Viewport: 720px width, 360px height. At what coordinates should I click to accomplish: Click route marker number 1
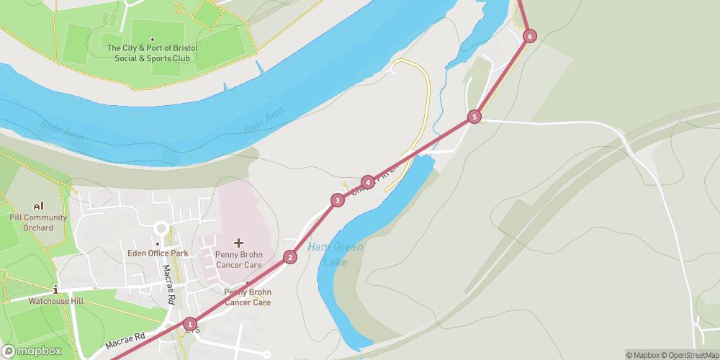[x=189, y=324]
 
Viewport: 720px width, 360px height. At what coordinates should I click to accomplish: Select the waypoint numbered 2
[x=290, y=257]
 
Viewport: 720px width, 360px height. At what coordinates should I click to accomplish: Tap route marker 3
[x=337, y=200]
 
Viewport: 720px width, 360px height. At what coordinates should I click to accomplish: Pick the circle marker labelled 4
[x=368, y=182]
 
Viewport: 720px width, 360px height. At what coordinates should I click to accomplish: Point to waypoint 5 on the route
[x=474, y=117]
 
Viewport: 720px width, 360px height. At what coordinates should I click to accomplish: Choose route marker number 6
[x=530, y=36]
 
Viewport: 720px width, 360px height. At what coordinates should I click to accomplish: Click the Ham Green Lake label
[x=336, y=254]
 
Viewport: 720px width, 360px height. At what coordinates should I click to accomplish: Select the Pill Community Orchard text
[x=38, y=222]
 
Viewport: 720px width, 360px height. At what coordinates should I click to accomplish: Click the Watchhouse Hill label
[x=56, y=301]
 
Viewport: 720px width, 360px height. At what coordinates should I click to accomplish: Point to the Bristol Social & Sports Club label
[x=152, y=53]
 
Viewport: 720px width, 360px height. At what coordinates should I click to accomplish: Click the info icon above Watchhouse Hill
[x=56, y=289]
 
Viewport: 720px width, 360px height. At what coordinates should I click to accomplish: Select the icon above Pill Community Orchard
[x=38, y=206]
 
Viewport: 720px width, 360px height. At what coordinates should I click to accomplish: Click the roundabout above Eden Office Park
[x=159, y=228]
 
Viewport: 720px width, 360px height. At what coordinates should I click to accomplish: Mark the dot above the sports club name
[x=152, y=39]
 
